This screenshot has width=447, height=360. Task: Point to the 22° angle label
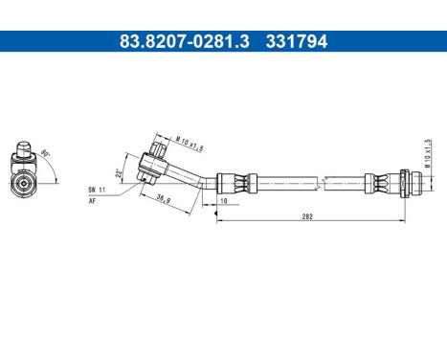(119, 174)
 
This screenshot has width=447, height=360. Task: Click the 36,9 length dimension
(165, 200)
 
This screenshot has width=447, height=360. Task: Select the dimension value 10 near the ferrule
(222, 202)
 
